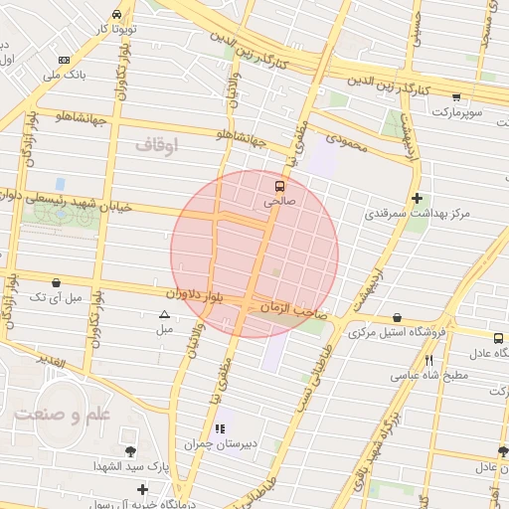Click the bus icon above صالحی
click(279, 185)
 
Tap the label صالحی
click(279, 201)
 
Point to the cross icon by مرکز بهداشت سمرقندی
click(417, 198)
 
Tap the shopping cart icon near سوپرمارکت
click(456, 97)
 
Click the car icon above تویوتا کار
click(118, 15)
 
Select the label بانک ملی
click(70, 75)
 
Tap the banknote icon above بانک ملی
click(65, 60)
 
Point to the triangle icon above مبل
click(165, 315)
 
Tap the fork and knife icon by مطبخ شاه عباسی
click(428, 360)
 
